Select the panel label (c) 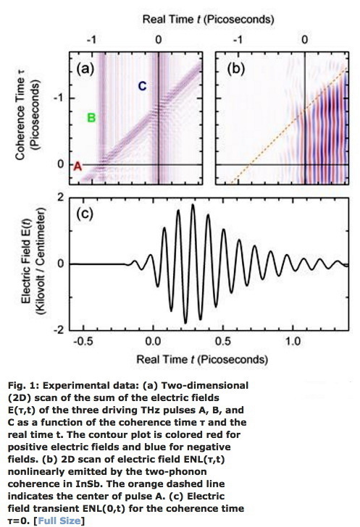click(88, 216)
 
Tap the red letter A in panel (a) click(78, 166)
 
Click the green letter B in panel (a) click(91, 117)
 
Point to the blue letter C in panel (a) click(142, 87)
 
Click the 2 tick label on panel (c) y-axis click(62, 197)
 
